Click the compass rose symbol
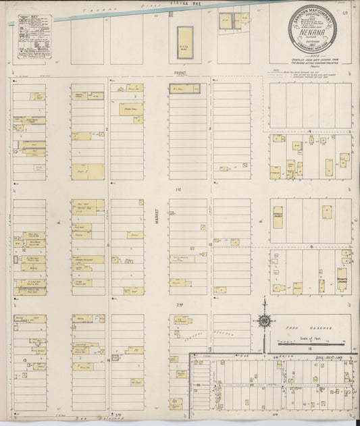[264, 320]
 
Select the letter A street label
[59, 220]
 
